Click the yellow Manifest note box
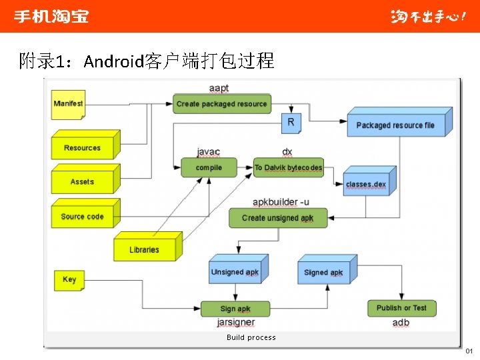[69, 105]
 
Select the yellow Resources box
[83, 147]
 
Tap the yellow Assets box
[83, 181]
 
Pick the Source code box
[83, 217]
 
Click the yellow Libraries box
[145, 249]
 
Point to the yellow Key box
[69, 280]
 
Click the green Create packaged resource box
[222, 104]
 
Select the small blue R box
[291, 123]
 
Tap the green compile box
[209, 167]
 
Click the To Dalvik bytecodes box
[289, 167]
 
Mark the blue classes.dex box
[367, 183]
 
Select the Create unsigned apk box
[278, 218]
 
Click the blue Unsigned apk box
[236, 271]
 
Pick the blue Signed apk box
[324, 271]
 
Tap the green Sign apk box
[235, 309]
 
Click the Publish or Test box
[401, 308]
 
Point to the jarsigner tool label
[236, 323]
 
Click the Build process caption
[251, 337]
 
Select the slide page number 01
[469, 351]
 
